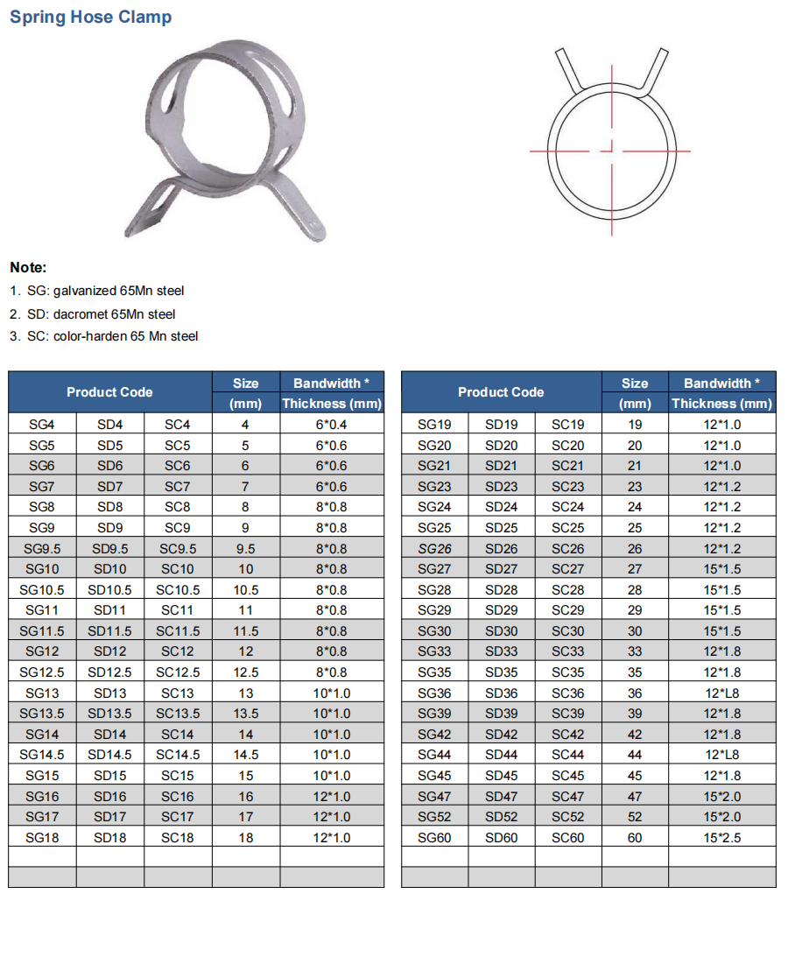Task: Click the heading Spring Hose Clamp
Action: [90, 18]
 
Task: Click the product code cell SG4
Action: [41, 425]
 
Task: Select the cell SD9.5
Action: [109, 549]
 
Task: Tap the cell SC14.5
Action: [178, 755]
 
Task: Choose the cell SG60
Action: [434, 838]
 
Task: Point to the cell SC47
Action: [567, 797]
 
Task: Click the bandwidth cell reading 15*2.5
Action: [721, 838]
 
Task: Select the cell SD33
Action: [501, 651]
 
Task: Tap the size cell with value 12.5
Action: [245, 672]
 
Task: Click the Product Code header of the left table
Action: [109, 392]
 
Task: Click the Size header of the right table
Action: [635, 383]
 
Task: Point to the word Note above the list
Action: [28, 268]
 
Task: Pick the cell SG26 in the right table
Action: [434, 549]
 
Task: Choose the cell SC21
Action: [567, 466]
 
